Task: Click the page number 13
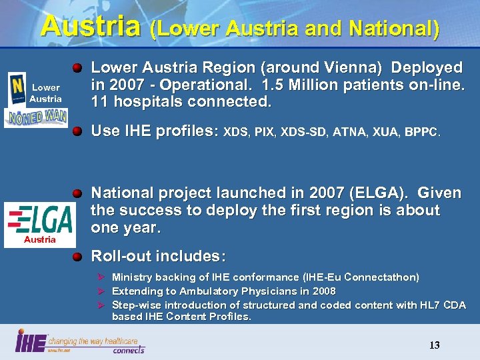[434, 345]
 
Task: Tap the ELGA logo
[39, 219]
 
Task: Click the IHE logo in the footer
[29, 342]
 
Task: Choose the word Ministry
[133, 277]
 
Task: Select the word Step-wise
[137, 305]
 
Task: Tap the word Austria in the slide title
[91, 26]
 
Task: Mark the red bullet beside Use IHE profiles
[78, 131]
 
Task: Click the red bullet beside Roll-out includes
[78, 256]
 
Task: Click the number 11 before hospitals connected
[99, 103]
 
